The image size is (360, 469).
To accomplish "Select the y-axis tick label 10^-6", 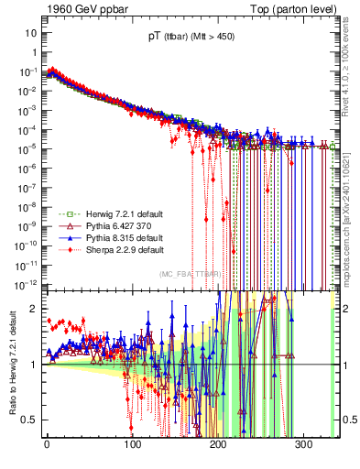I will pyautogui.click(x=28, y=167).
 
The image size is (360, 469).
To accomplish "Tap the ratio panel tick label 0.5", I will pyautogui.click(x=30, y=420).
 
